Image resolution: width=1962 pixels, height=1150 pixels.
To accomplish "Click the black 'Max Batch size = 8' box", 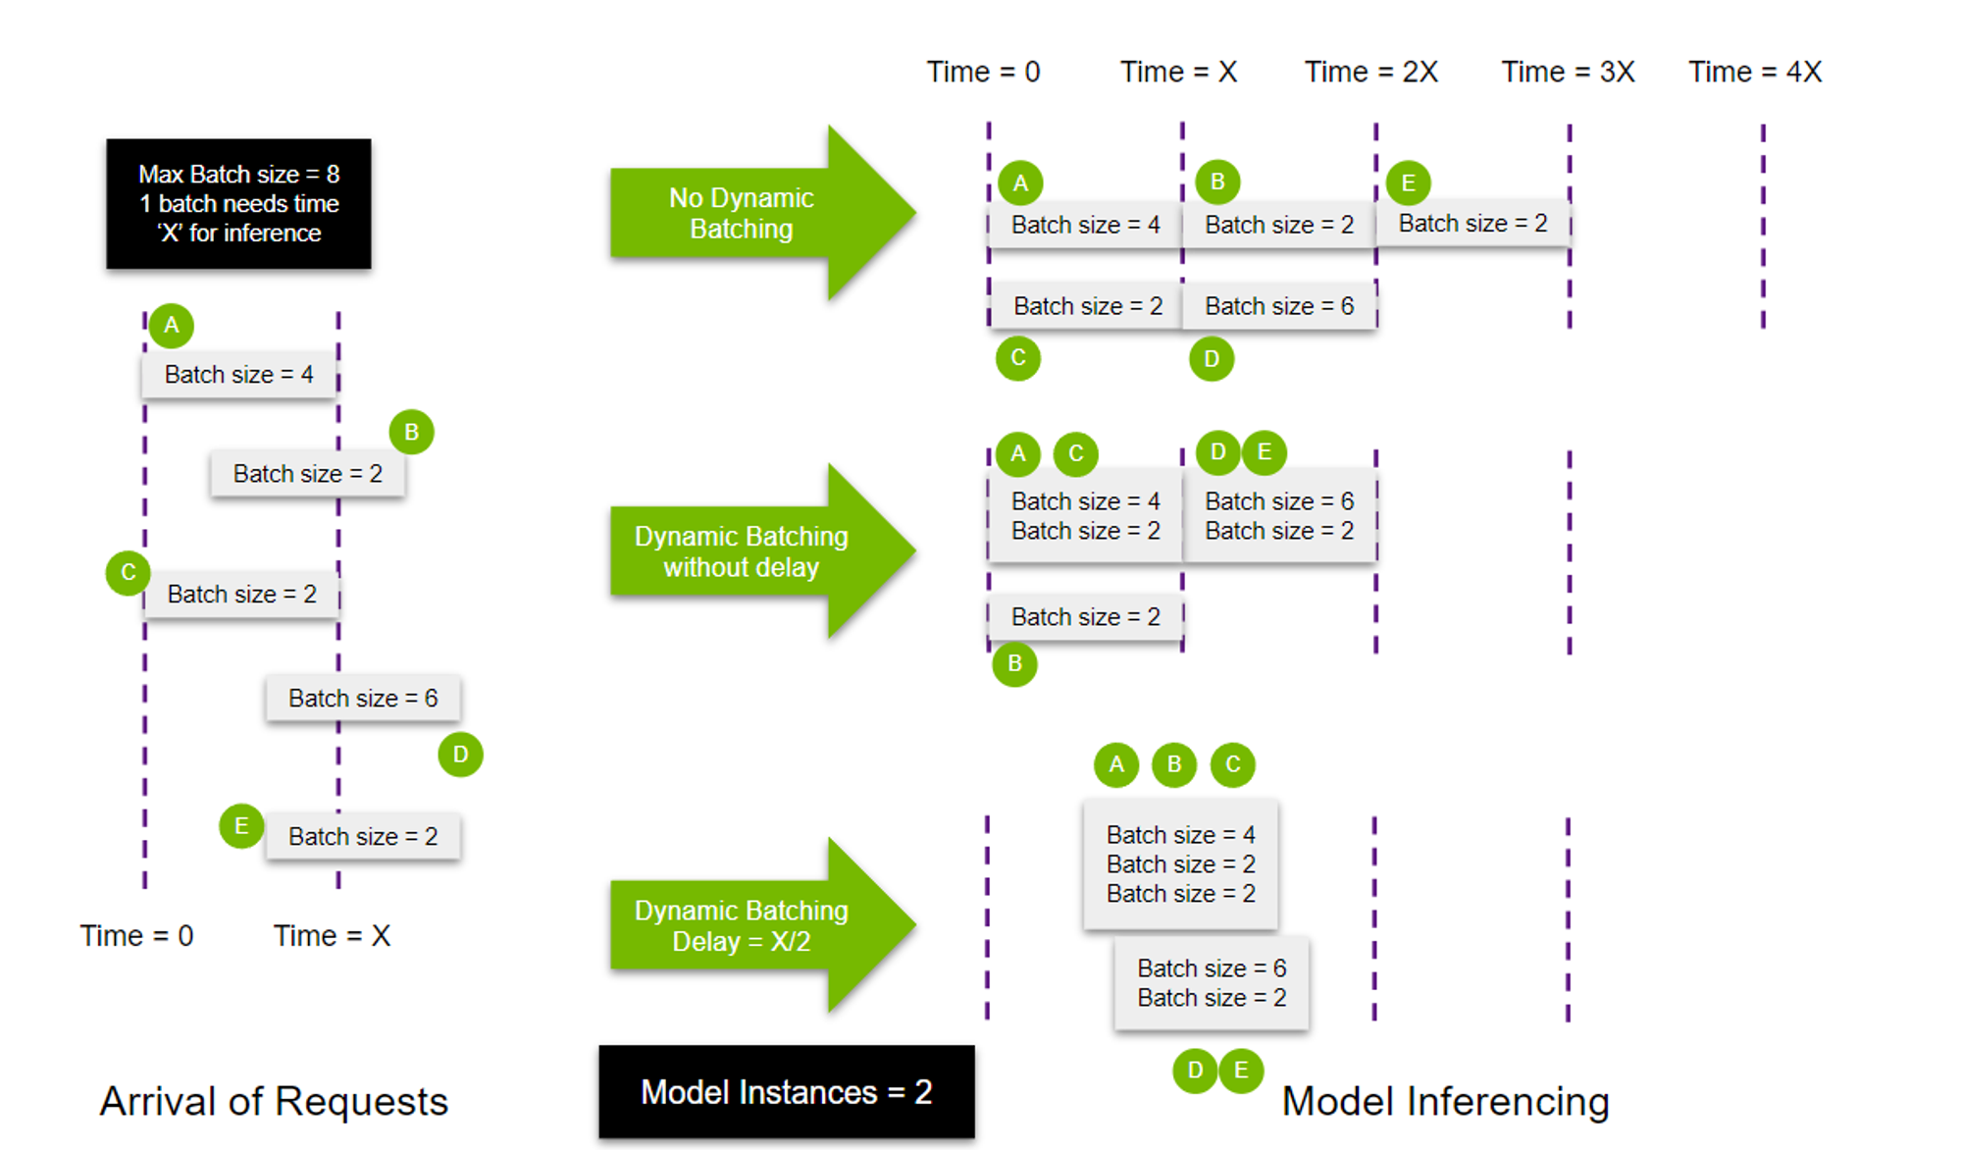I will (238, 203).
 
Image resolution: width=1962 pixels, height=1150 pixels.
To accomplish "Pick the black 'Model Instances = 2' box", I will (786, 1092).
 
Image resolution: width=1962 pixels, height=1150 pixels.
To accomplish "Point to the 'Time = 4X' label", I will (1754, 72).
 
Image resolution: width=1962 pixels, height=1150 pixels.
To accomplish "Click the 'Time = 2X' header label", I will (1370, 72).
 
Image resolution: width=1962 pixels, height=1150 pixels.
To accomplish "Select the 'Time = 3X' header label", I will (1568, 72).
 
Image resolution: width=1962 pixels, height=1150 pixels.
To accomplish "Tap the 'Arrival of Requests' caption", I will (274, 1101).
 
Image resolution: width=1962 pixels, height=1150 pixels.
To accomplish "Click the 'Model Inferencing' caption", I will (1445, 1101).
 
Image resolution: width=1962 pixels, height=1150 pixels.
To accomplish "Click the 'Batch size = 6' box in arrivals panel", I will (362, 699).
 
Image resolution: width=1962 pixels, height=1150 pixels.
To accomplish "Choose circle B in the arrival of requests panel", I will (411, 432).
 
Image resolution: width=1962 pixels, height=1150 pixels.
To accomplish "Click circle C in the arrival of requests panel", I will (128, 573).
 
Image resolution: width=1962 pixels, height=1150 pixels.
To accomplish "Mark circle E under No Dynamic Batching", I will (1408, 183).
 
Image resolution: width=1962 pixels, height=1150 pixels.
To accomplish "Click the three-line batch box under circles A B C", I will (1180, 864).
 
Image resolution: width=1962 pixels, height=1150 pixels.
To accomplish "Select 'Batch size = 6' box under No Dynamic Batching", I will (1279, 306).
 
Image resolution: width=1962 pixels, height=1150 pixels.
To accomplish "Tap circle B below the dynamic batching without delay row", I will (1014, 664).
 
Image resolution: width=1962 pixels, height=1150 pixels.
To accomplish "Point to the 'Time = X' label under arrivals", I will (332, 936).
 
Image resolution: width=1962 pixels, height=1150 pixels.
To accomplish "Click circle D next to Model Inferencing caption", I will (1195, 1071).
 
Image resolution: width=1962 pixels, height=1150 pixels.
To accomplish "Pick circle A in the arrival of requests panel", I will (172, 326).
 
